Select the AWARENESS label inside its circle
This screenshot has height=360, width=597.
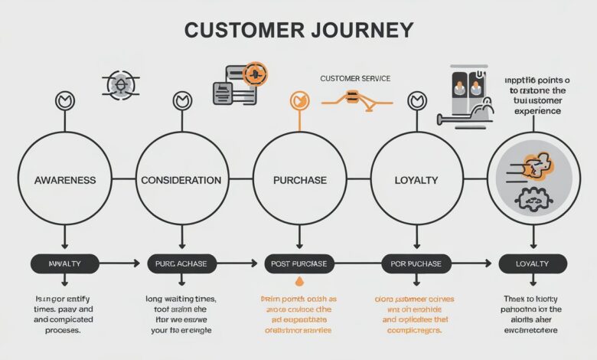[x=65, y=180]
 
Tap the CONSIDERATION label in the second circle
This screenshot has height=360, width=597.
[x=181, y=180]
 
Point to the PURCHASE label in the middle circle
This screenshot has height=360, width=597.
[x=299, y=180]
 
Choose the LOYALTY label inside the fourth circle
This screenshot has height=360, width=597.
[x=416, y=180]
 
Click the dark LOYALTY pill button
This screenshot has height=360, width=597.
[x=533, y=263]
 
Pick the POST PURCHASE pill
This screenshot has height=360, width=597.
[x=298, y=263]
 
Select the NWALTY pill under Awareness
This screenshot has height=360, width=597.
[x=65, y=263]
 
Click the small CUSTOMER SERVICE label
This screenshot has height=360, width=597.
[x=354, y=79]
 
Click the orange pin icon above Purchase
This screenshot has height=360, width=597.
[x=299, y=100]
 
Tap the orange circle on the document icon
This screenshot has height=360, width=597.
[x=254, y=75]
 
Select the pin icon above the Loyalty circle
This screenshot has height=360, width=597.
[x=416, y=100]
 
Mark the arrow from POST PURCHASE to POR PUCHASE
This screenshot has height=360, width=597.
[x=355, y=263]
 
